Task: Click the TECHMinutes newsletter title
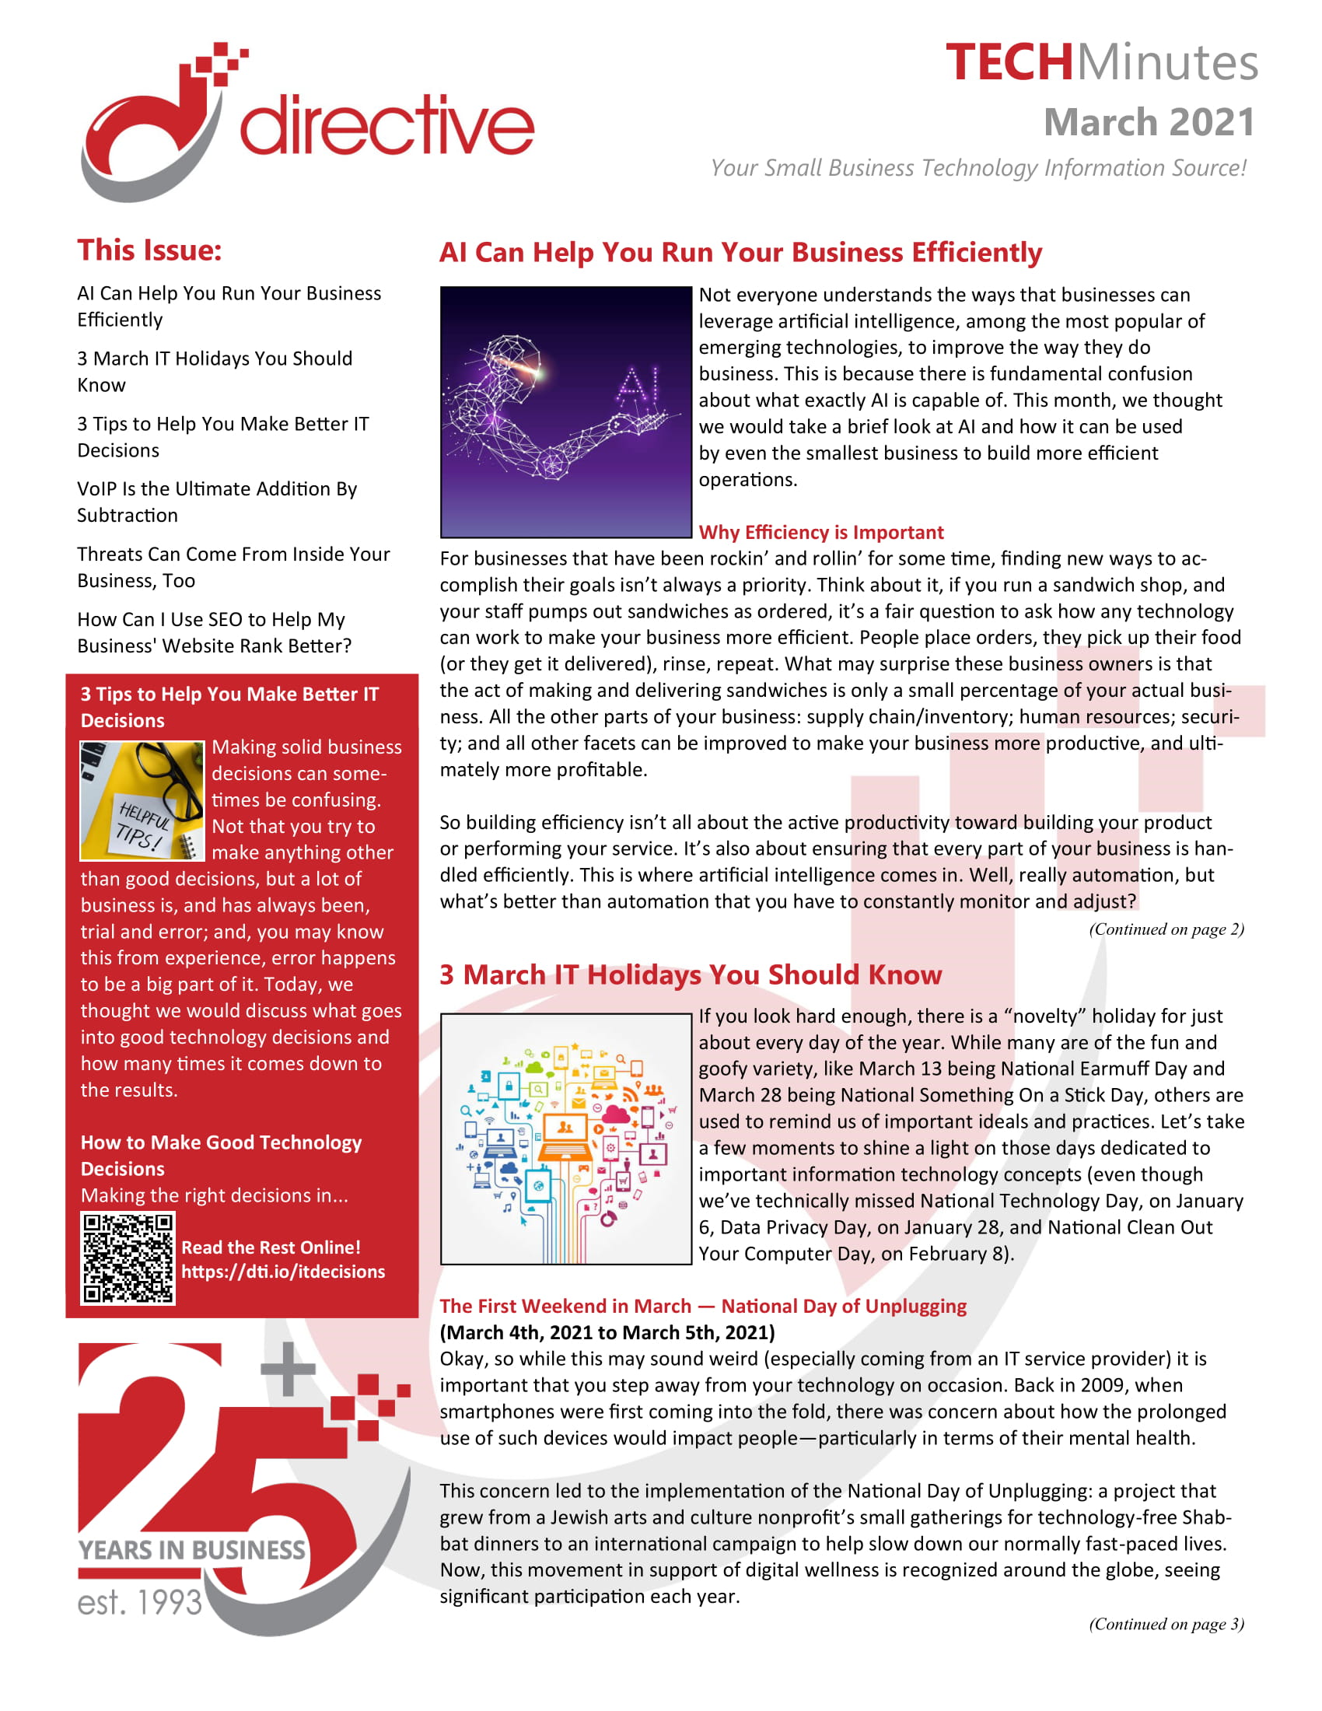1100,63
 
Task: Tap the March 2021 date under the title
1148,122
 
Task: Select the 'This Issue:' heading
149,250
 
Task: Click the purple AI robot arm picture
565,412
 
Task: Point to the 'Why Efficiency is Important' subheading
820,532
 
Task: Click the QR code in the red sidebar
128,1258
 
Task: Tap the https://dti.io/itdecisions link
283,1272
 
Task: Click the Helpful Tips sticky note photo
142,800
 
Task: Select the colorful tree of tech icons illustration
565,1139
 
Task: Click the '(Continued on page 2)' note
1166,929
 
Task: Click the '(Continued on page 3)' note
1166,1623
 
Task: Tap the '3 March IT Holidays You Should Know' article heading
690,974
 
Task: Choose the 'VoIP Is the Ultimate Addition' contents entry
217,502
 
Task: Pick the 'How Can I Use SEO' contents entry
214,632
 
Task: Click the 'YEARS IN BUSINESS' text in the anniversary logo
192,1549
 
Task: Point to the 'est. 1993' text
140,1602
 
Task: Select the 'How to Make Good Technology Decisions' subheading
221,1155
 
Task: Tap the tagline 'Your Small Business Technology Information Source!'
978,168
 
